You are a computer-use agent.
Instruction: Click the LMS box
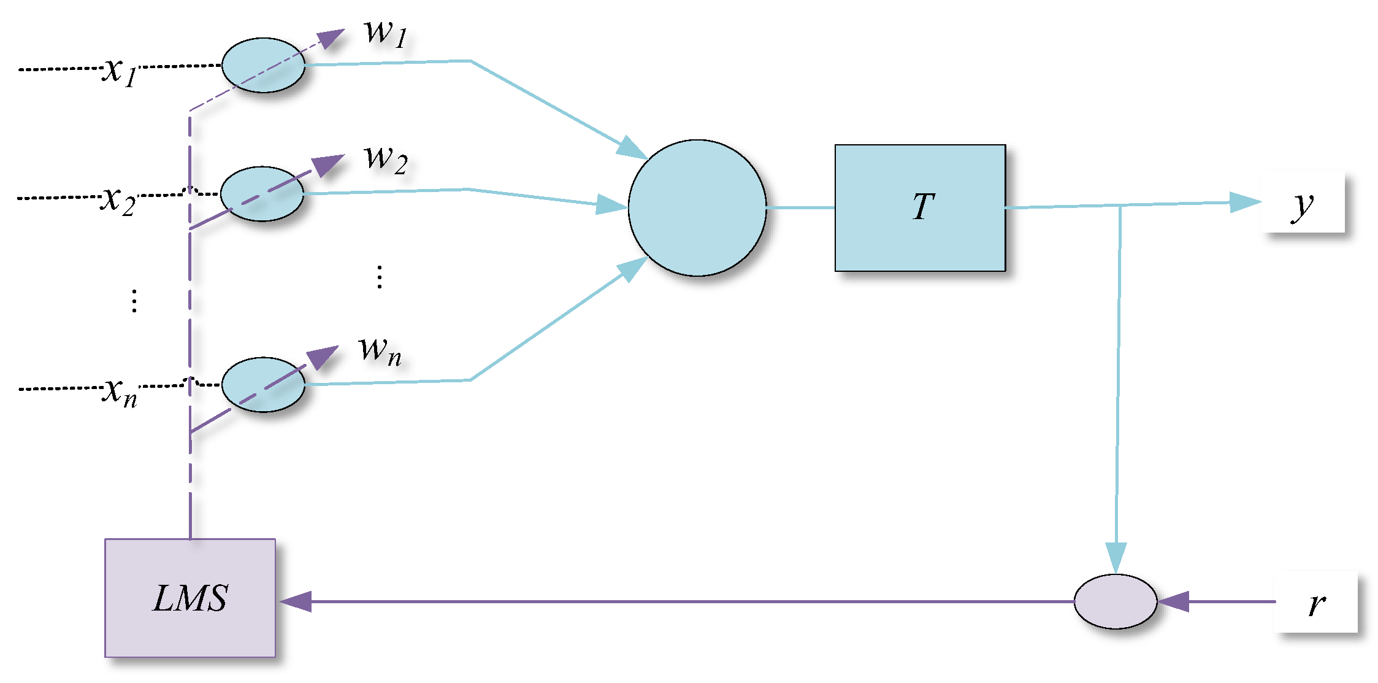(190, 598)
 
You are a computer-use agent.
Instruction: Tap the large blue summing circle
(697, 208)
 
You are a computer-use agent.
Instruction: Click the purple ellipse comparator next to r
(1116, 601)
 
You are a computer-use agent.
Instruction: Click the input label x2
(118, 200)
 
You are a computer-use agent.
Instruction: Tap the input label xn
(120, 392)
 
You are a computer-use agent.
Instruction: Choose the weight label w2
(386, 159)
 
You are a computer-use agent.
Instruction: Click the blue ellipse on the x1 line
(263, 65)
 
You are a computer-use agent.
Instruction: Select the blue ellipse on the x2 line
(262, 193)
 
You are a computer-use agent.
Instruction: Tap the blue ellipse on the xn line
(263, 385)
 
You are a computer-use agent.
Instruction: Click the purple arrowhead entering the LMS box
(296, 601)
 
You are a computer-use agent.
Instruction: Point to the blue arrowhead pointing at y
(1245, 202)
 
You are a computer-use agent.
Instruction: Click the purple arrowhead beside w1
(331, 38)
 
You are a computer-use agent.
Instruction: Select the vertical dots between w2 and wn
(380, 277)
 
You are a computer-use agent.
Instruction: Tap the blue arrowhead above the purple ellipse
(1116, 557)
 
